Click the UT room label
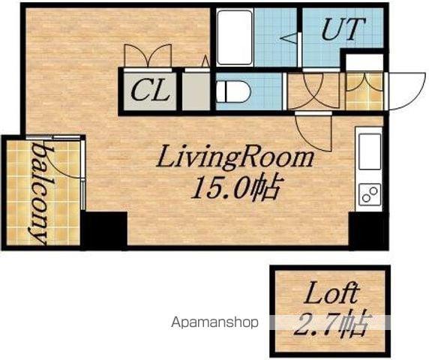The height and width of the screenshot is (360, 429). coord(343,29)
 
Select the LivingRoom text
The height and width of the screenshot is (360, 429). coord(235,157)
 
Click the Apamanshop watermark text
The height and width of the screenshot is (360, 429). coord(214,322)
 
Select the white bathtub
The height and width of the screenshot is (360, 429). coord(235,37)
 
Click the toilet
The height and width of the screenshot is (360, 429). coord(233,91)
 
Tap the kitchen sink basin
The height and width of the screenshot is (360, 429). coord(369,151)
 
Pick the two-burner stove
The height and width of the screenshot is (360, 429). coord(369,194)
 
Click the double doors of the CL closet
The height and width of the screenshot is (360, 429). coord(148,55)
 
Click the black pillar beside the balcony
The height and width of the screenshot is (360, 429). coord(104,230)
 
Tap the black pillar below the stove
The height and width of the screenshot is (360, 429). coord(368,230)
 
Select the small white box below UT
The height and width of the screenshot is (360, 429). coord(364,61)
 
